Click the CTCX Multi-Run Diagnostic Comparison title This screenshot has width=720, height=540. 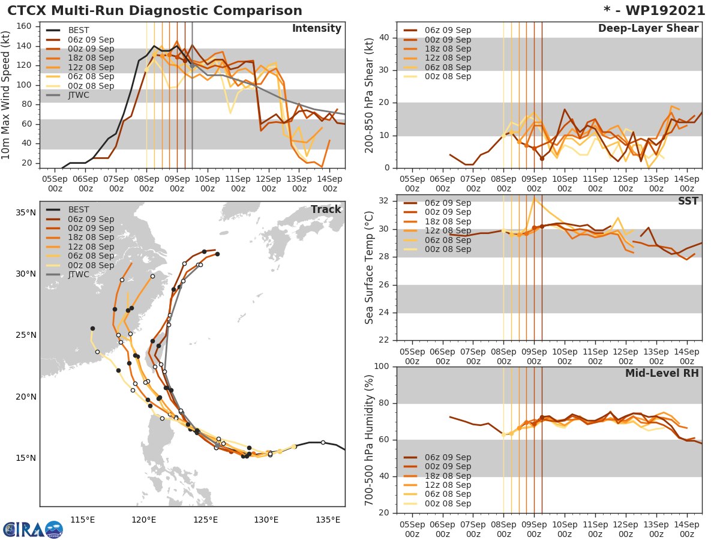point(155,11)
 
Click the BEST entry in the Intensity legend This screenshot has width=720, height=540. point(79,30)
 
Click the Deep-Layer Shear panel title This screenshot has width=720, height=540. point(648,29)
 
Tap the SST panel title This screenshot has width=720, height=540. point(688,201)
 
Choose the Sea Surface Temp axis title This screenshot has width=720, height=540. point(370,268)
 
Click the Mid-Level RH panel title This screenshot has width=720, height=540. point(662,373)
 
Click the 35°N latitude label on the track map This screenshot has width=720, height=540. point(25,212)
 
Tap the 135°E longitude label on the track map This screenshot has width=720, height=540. point(328,519)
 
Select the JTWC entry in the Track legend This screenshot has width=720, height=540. point(79,274)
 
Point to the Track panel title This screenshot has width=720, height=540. point(326,209)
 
